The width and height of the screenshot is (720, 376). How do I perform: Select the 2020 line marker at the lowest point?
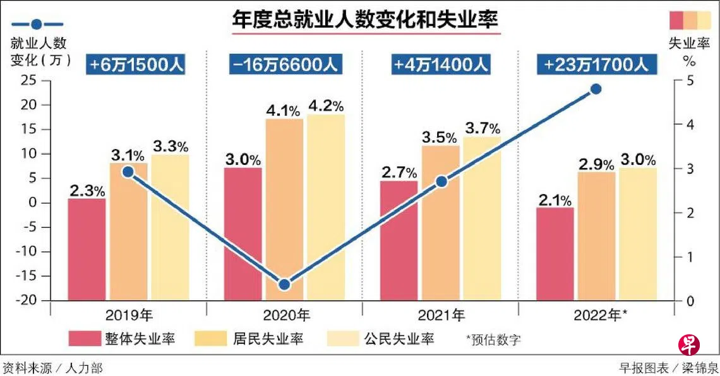[284, 284]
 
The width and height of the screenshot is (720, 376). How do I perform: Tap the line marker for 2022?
[595, 89]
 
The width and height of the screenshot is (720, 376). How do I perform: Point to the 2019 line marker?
[128, 172]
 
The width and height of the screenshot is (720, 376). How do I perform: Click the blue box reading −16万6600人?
[284, 64]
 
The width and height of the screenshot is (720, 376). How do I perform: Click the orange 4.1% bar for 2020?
[284, 209]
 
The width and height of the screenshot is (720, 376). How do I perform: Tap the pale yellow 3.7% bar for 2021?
[481, 218]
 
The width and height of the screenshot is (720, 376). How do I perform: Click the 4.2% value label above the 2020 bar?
[325, 105]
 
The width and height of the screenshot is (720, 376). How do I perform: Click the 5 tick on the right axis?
[690, 80]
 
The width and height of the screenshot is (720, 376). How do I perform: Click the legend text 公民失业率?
[399, 339]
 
